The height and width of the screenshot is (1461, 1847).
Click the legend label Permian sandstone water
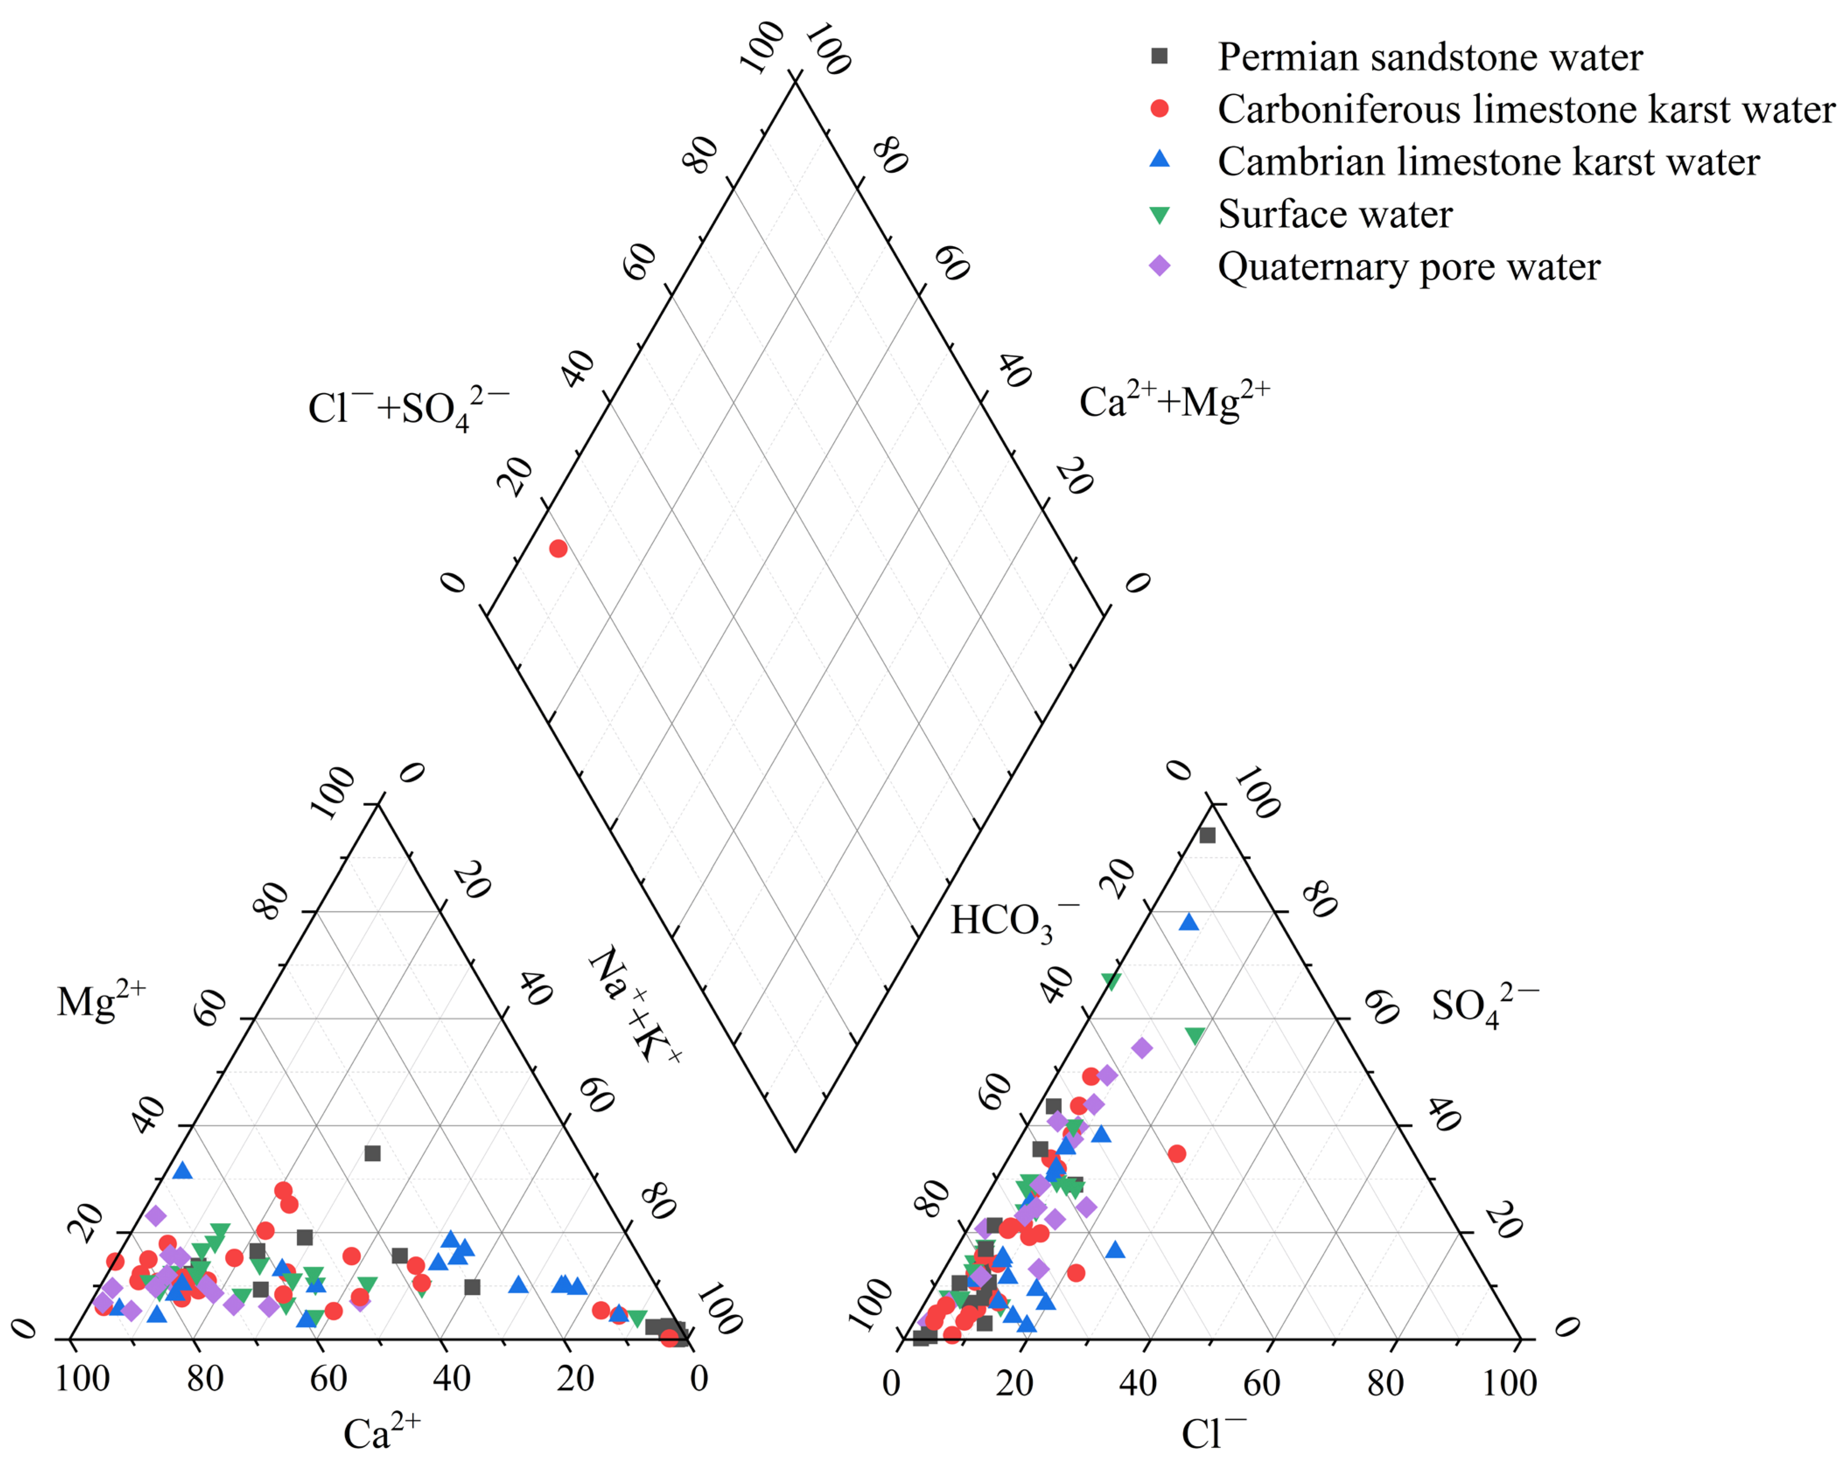(1430, 57)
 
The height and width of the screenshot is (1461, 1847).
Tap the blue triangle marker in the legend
(1159, 160)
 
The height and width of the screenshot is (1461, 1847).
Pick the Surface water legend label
(1335, 214)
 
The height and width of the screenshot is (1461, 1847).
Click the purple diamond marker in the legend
(1159, 266)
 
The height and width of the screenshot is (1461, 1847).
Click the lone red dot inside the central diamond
(558, 548)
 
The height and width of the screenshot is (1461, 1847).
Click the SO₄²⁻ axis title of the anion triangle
(1484, 1006)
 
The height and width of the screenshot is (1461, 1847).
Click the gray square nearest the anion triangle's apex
(1207, 835)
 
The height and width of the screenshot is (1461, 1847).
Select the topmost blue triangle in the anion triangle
(1188, 921)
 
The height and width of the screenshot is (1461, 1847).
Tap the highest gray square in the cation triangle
(372, 1153)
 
